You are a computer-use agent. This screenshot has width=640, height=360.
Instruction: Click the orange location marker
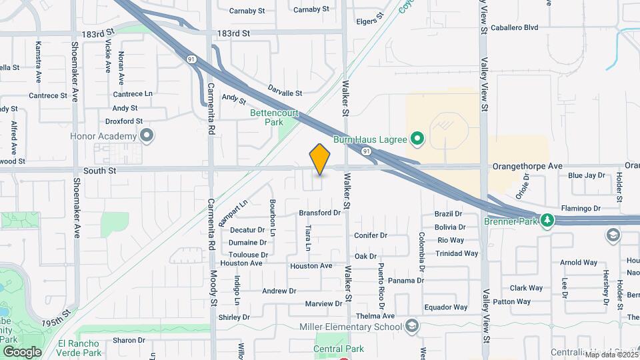point(320,159)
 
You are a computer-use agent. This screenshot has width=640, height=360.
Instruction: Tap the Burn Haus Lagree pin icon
point(417,139)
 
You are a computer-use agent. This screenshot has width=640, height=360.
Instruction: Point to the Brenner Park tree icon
point(547,220)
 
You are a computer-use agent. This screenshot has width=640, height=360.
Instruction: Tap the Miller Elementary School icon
point(412,326)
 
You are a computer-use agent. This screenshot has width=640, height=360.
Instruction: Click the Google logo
point(22,351)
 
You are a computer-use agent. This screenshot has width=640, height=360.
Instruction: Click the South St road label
point(100,171)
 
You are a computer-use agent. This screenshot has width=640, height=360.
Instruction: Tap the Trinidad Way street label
point(457,253)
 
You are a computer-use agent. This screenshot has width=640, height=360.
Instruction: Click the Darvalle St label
point(285,90)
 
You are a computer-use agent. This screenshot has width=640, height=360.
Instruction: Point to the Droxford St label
point(124,121)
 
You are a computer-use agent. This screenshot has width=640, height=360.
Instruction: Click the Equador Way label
point(445,307)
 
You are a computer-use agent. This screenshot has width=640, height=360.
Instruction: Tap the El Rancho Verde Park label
point(79,348)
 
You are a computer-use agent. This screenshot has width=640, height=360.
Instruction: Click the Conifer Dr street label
point(371,235)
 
